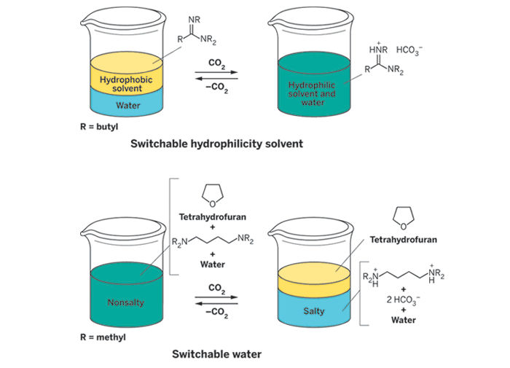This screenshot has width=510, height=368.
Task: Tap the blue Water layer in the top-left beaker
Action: click(128, 104)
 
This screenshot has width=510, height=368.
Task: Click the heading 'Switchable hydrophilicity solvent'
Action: click(216, 144)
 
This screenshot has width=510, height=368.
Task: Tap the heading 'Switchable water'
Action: click(216, 355)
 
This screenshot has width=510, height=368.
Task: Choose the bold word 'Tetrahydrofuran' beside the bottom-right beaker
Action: click(402, 238)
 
